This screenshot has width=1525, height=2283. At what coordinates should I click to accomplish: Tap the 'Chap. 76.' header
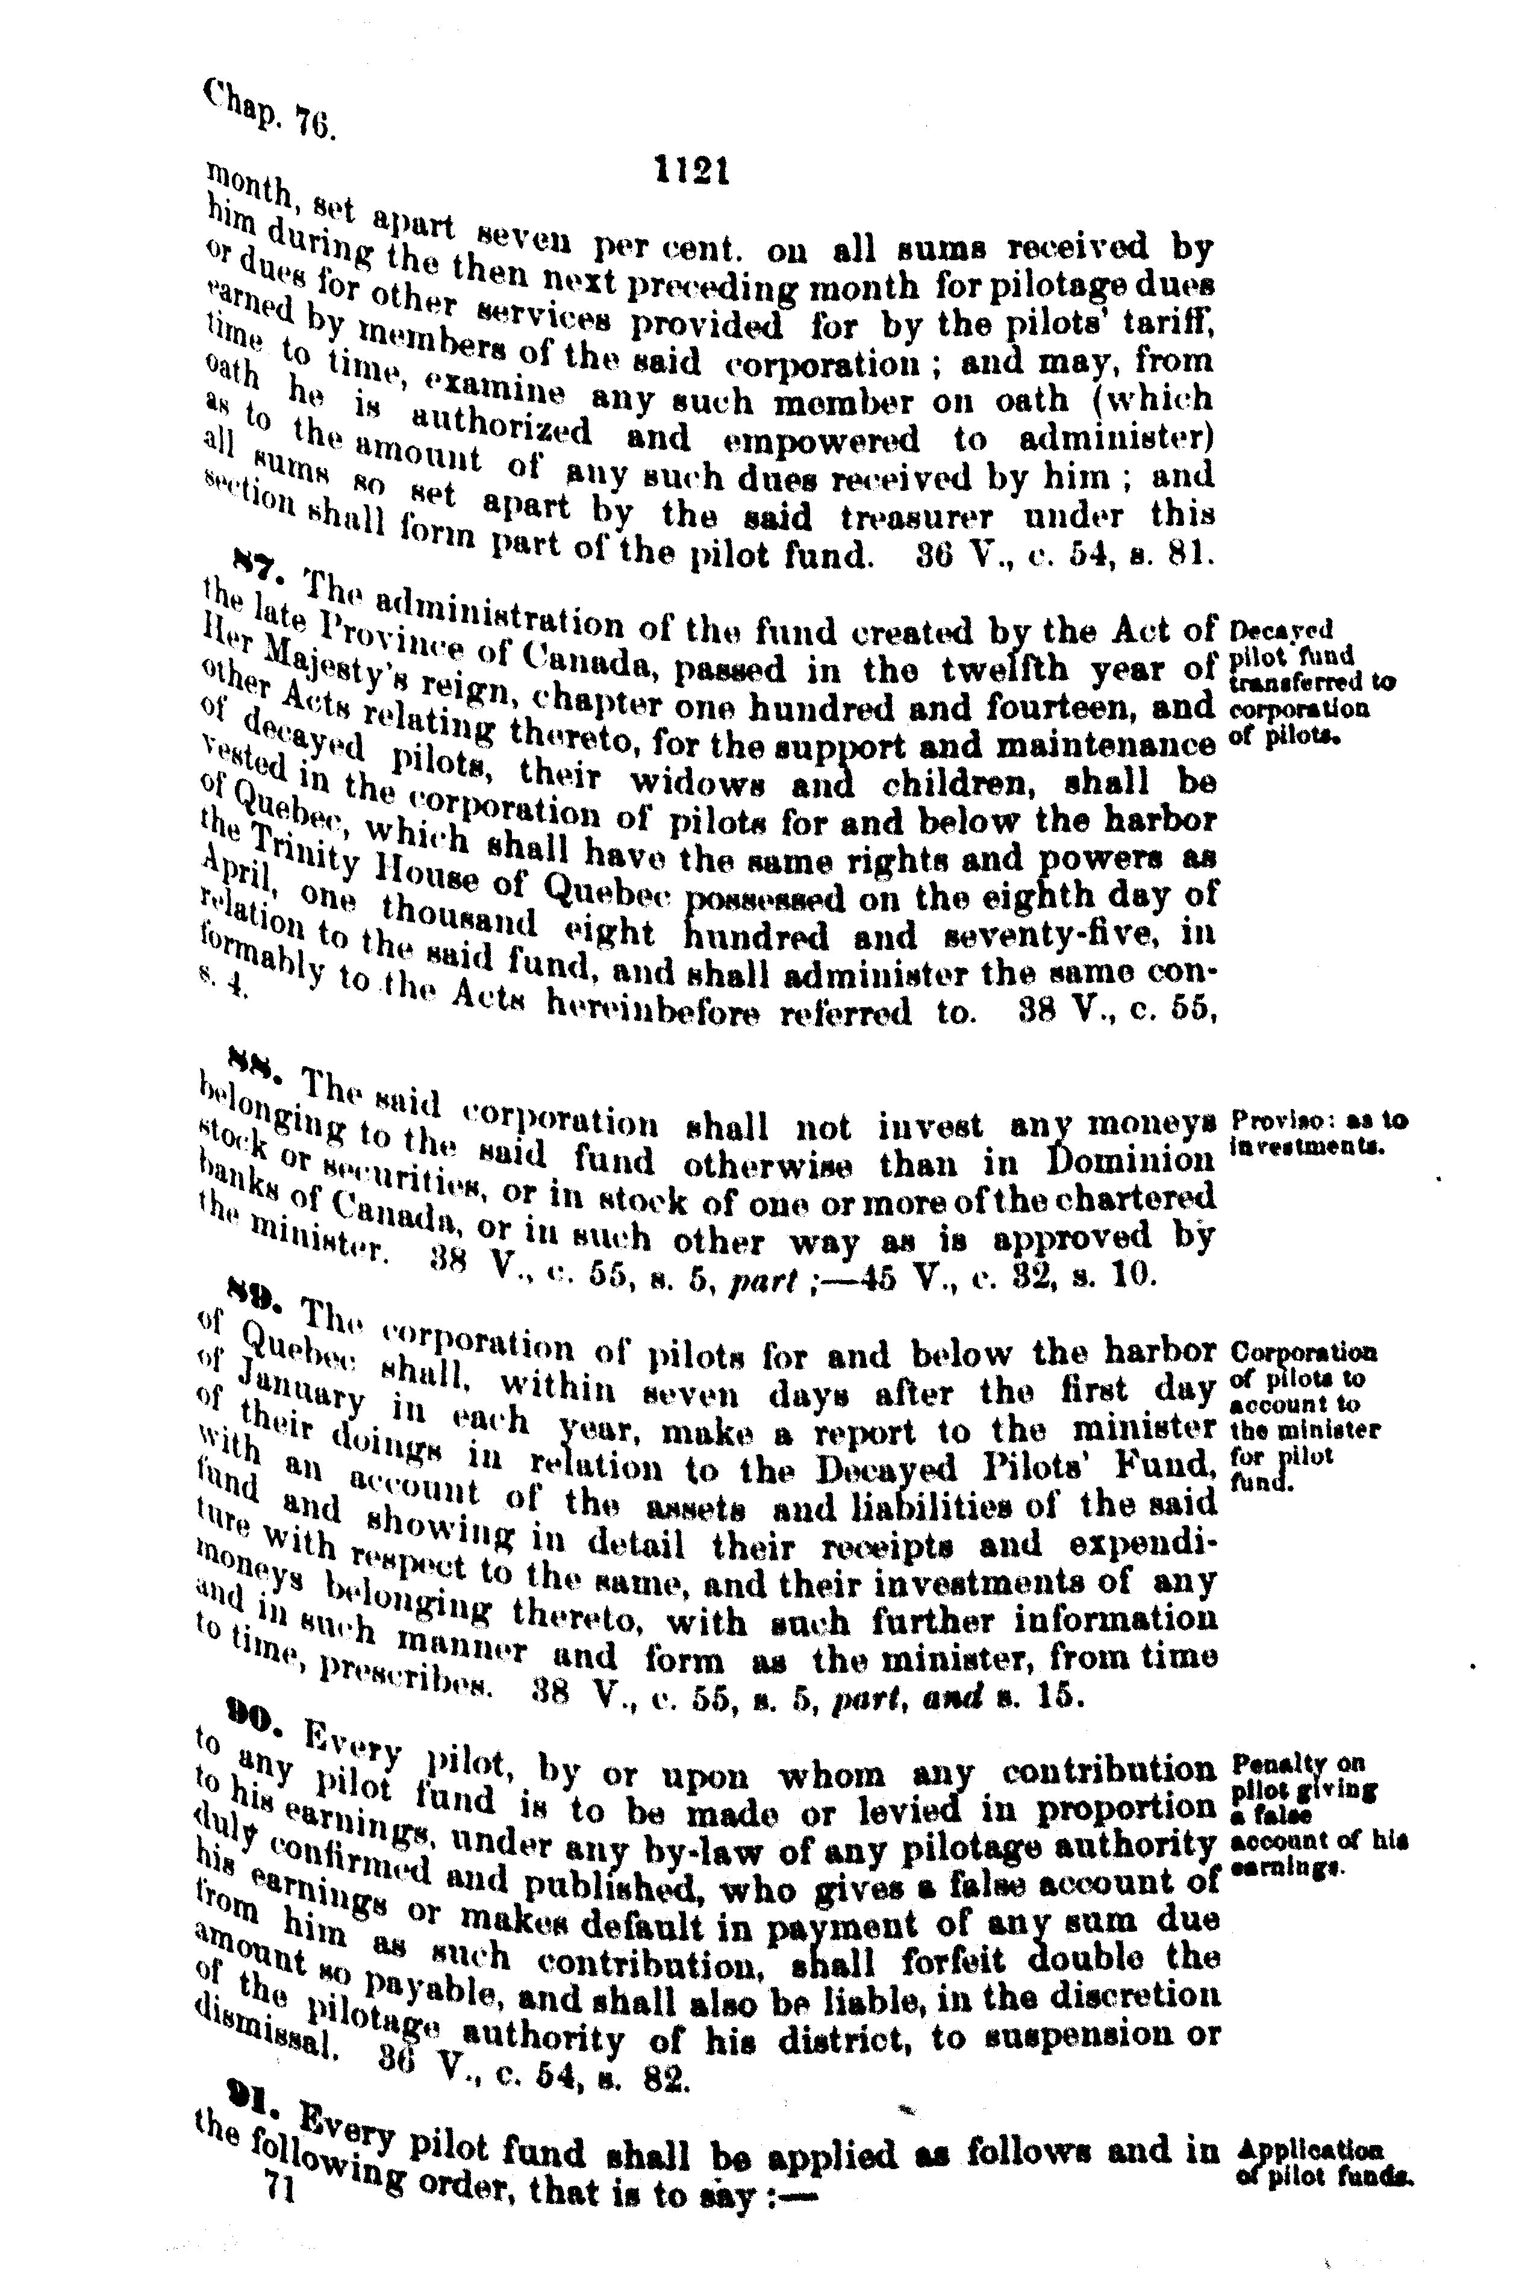point(269,110)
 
